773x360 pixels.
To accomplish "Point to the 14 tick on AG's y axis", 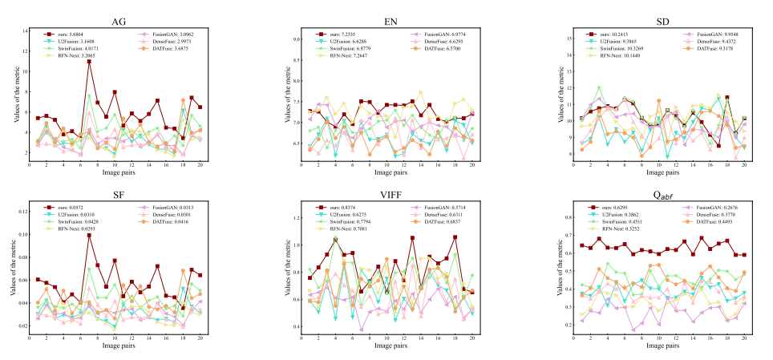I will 24,30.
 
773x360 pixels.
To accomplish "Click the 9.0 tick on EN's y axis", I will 297,39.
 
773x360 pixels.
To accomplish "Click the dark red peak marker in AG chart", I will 89,62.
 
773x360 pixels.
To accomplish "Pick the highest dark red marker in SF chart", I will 89,235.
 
